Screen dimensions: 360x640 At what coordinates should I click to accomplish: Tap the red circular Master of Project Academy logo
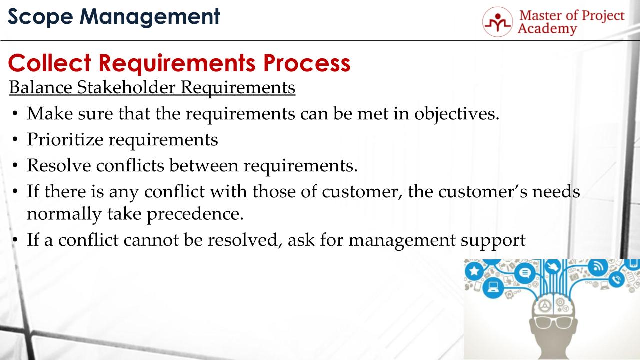point(497,22)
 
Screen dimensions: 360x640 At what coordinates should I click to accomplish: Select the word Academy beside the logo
point(547,29)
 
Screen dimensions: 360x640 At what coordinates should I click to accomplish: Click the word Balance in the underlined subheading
point(41,87)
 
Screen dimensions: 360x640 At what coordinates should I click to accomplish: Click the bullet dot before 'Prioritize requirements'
point(16,140)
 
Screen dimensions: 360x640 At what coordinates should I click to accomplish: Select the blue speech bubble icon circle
point(525,273)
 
